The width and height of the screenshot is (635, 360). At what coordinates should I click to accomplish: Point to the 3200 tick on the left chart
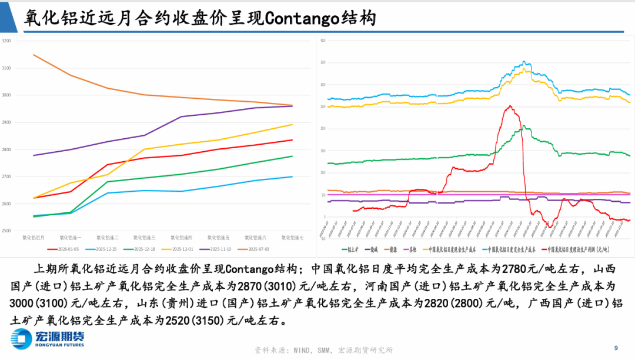coord(6,41)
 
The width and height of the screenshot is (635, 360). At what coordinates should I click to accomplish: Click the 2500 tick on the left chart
coord(6,231)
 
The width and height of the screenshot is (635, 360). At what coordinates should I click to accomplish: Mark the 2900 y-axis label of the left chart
coord(6,122)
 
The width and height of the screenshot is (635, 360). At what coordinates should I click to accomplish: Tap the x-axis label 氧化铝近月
coord(34,238)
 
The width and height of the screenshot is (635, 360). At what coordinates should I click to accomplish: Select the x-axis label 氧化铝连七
coord(292,238)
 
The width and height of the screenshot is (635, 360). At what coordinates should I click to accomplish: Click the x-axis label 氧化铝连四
coord(182,238)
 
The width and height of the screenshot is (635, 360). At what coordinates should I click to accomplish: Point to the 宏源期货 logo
coord(47,338)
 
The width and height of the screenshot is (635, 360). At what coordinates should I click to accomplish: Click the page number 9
coord(616,347)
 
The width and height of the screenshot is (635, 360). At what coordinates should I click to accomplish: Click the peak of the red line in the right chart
coord(509,106)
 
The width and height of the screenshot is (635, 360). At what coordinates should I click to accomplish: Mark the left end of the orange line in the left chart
coord(34,55)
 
